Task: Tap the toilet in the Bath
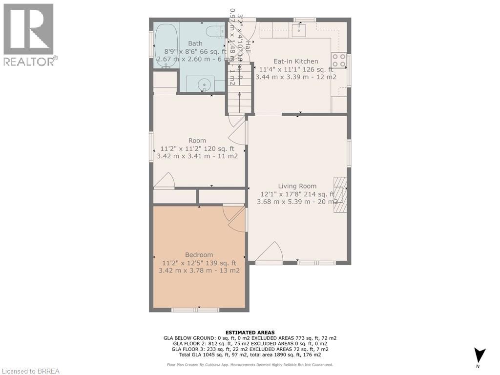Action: click(213, 32)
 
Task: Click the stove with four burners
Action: click(339, 60)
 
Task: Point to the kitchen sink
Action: click(298, 30)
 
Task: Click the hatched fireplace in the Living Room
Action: click(340, 194)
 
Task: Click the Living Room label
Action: click(297, 186)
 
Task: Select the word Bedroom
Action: click(199, 255)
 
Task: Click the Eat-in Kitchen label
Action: click(295, 62)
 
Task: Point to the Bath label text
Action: click(195, 43)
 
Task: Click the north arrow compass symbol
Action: click(479, 355)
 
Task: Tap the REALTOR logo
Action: click(29, 35)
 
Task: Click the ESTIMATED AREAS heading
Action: click(250, 333)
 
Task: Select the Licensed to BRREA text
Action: click(30, 371)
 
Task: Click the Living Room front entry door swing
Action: click(270, 253)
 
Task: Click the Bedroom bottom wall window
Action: click(195, 310)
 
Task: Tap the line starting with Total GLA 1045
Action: click(250, 355)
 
